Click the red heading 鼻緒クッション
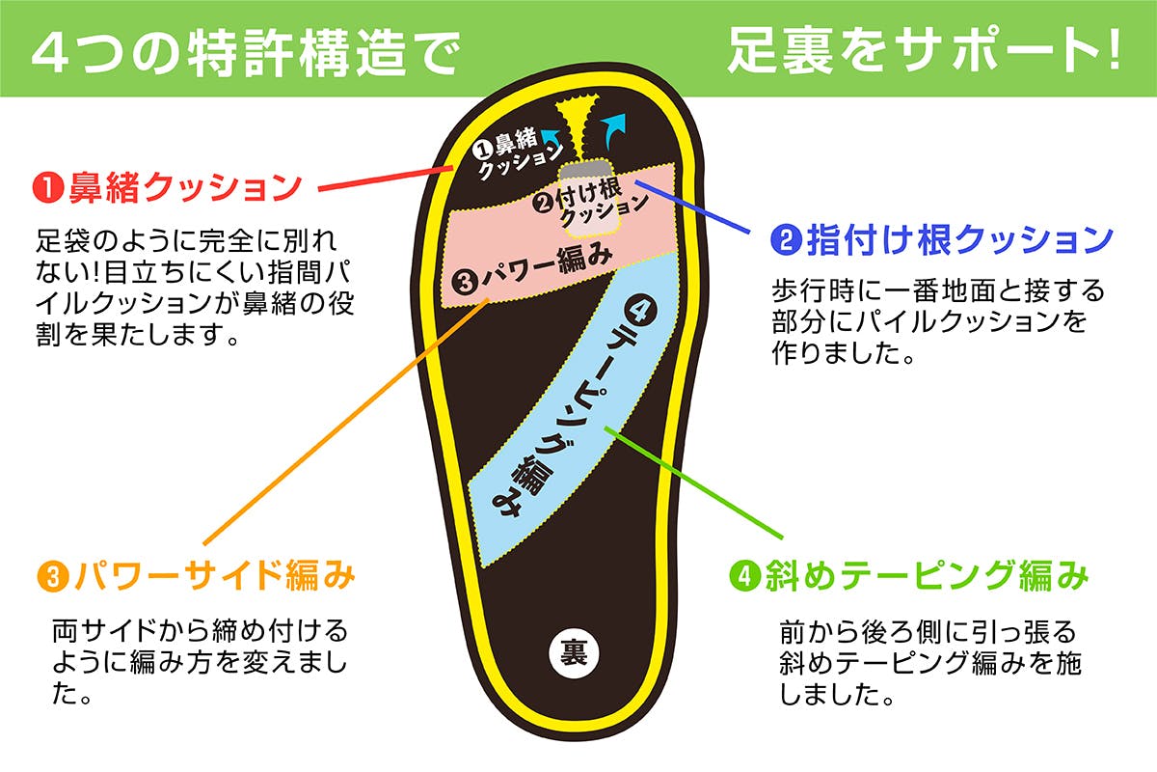pos(184,186)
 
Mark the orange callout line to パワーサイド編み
pos(337,425)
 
